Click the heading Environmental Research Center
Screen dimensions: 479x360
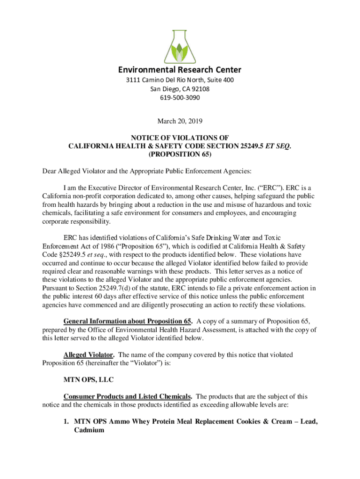[180, 70]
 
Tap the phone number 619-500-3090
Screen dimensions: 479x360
[180, 98]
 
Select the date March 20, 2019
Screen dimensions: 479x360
[180, 121]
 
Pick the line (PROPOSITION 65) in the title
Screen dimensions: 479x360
[180, 154]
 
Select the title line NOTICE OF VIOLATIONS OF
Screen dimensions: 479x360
[180, 138]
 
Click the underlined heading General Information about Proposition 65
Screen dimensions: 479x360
[128, 321]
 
